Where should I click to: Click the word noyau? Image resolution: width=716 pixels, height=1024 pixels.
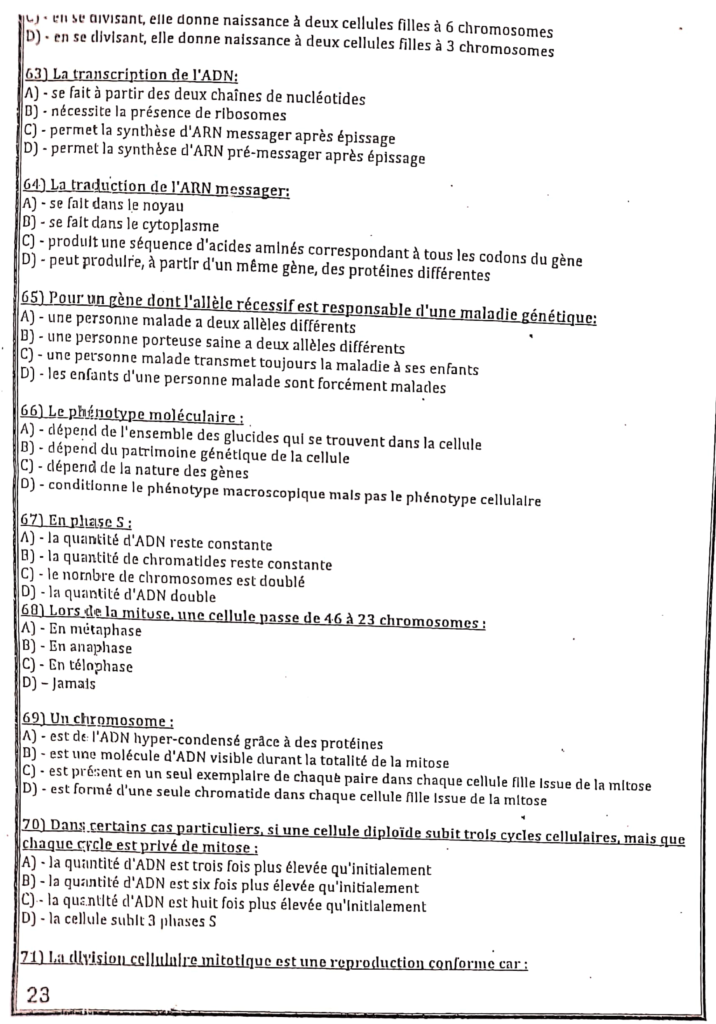pyautogui.click(x=163, y=206)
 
